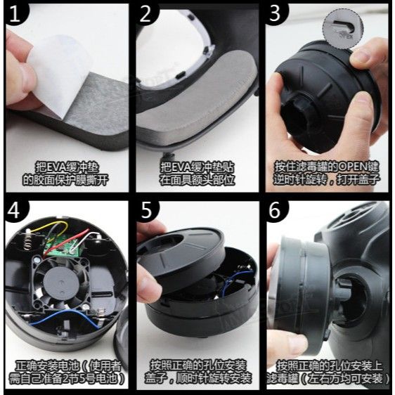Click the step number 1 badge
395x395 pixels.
click(15, 13)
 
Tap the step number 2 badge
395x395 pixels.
click(145, 14)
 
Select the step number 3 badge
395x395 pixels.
click(275, 14)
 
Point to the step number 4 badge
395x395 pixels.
click(15, 211)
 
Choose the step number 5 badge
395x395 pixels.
click(146, 211)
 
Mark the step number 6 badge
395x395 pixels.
click(276, 211)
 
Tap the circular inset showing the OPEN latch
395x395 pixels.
click(343, 30)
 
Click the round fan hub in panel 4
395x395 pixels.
click(60, 283)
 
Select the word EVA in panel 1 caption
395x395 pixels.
click(55, 167)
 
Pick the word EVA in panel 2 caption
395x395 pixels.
click(180, 167)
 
